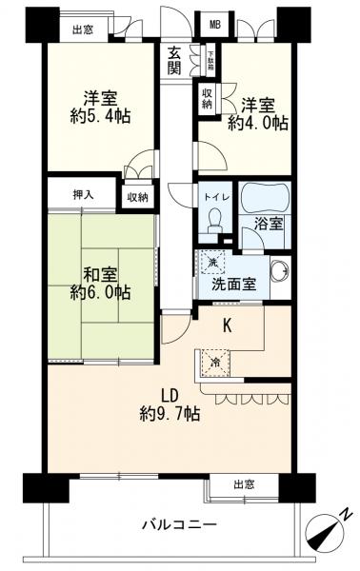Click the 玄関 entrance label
tap(175, 60)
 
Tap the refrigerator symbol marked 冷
tap(214, 362)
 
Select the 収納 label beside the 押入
tap(137, 196)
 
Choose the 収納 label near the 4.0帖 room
tap(207, 98)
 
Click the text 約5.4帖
tap(99, 116)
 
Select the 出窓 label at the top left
tap(83, 30)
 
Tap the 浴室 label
tap(268, 226)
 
